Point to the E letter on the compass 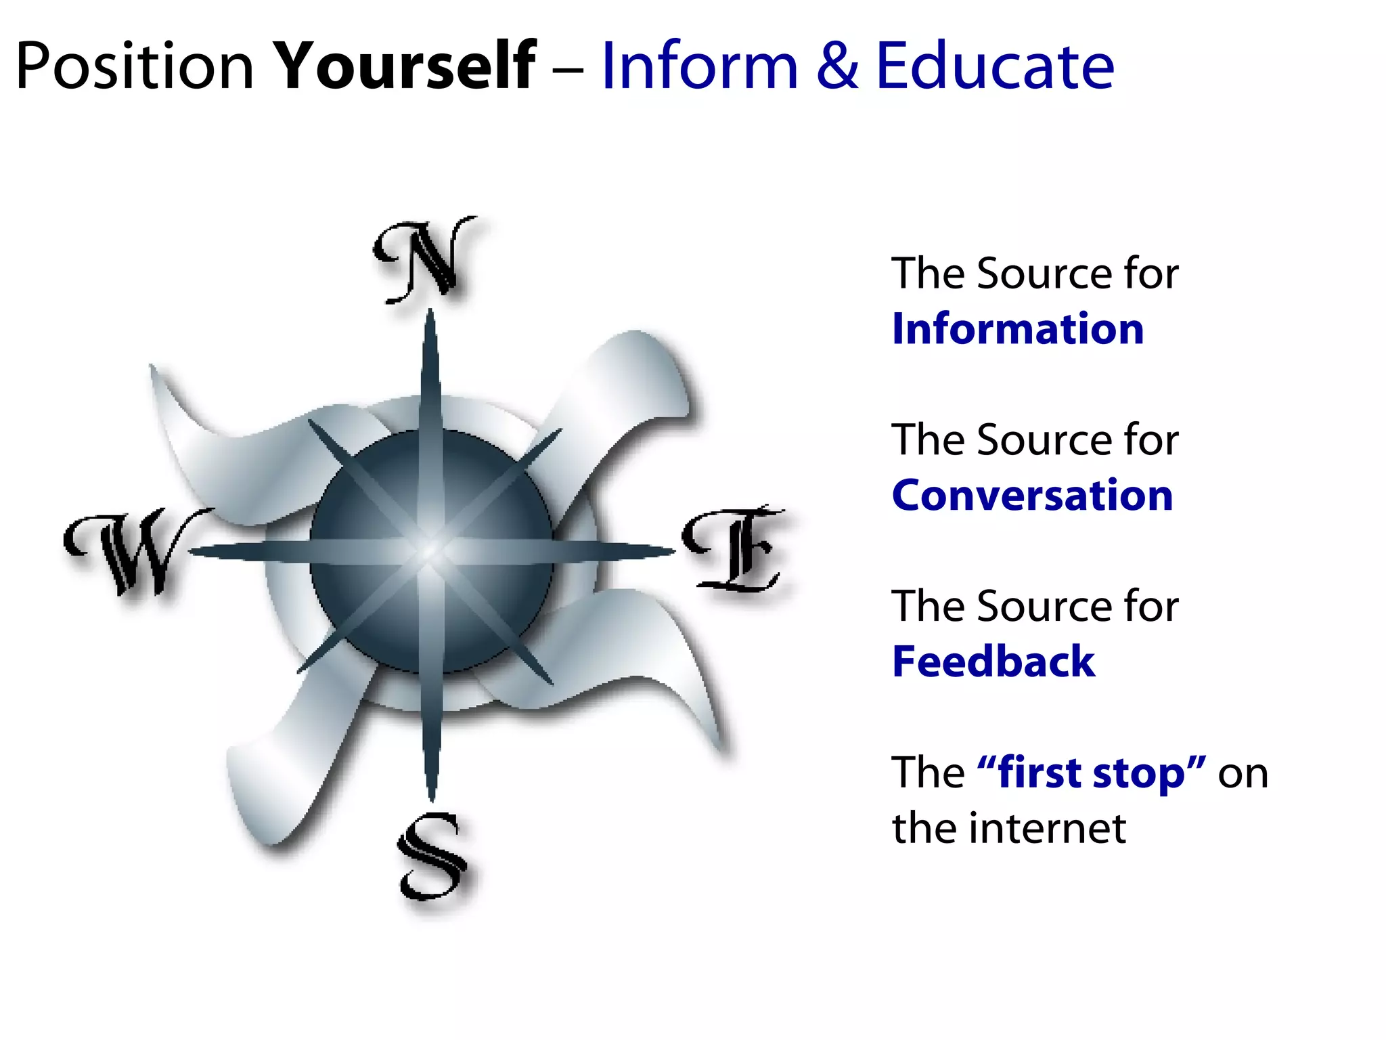(x=735, y=548)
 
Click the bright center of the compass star (x=430, y=552)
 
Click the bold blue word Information (x=1018, y=330)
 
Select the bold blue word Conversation (x=1032, y=496)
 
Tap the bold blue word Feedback (x=993, y=662)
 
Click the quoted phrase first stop (x=1092, y=773)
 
